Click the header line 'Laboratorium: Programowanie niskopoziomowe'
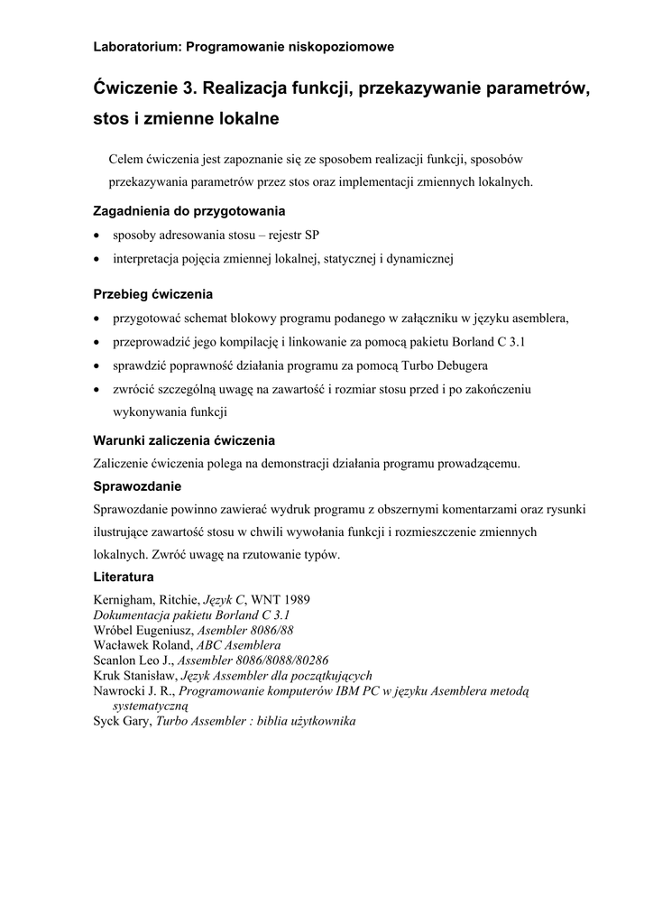point(244,46)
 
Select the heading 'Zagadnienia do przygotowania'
point(189,211)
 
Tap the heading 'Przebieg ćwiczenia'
point(153,294)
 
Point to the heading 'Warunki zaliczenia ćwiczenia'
point(184,440)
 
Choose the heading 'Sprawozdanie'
point(138,486)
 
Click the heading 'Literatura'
point(124,577)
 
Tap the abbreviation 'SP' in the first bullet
point(311,236)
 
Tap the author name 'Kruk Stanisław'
point(134,676)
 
